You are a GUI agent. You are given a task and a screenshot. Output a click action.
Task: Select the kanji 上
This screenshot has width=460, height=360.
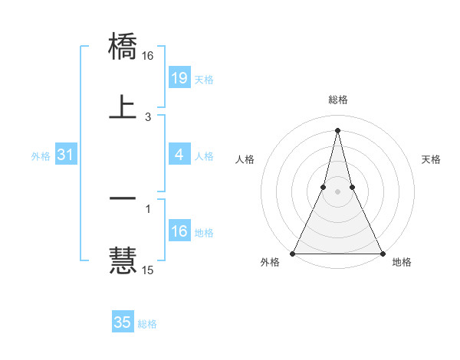click(x=123, y=106)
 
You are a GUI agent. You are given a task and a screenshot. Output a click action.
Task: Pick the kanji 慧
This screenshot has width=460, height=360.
click(x=123, y=260)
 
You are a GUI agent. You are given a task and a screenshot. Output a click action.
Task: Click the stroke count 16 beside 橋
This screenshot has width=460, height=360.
click(x=148, y=56)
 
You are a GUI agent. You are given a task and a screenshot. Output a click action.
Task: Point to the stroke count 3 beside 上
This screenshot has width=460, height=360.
click(x=148, y=117)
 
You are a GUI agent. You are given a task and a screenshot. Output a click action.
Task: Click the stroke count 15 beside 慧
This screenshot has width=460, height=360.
click(x=148, y=270)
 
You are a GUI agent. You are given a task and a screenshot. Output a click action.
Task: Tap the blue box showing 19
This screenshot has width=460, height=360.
click(x=179, y=78)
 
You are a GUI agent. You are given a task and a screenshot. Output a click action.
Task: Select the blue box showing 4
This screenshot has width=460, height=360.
click(x=179, y=155)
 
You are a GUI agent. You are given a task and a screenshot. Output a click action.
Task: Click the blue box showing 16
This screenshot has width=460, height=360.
click(x=179, y=231)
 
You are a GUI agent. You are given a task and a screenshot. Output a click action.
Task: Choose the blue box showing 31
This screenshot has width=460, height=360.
click(x=65, y=155)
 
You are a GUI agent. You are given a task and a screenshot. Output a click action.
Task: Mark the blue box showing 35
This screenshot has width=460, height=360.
click(x=123, y=322)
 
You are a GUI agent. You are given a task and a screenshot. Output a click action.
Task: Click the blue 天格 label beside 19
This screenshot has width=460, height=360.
click(x=204, y=80)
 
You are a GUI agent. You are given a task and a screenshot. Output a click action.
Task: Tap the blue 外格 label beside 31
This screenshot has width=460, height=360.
click(x=41, y=156)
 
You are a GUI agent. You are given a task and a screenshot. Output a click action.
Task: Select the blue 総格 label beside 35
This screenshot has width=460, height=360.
click(x=147, y=324)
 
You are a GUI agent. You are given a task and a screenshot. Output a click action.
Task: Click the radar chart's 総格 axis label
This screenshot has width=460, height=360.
click(x=337, y=100)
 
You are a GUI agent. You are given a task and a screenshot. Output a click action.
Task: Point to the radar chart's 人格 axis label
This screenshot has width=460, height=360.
click(x=245, y=159)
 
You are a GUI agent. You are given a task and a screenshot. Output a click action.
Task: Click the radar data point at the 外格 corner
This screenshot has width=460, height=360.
click(x=293, y=253)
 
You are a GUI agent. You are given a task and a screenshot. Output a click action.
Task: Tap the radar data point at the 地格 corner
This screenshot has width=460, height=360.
click(x=382, y=253)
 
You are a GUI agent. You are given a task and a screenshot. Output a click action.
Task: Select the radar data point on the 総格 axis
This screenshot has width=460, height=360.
click(x=337, y=129)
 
